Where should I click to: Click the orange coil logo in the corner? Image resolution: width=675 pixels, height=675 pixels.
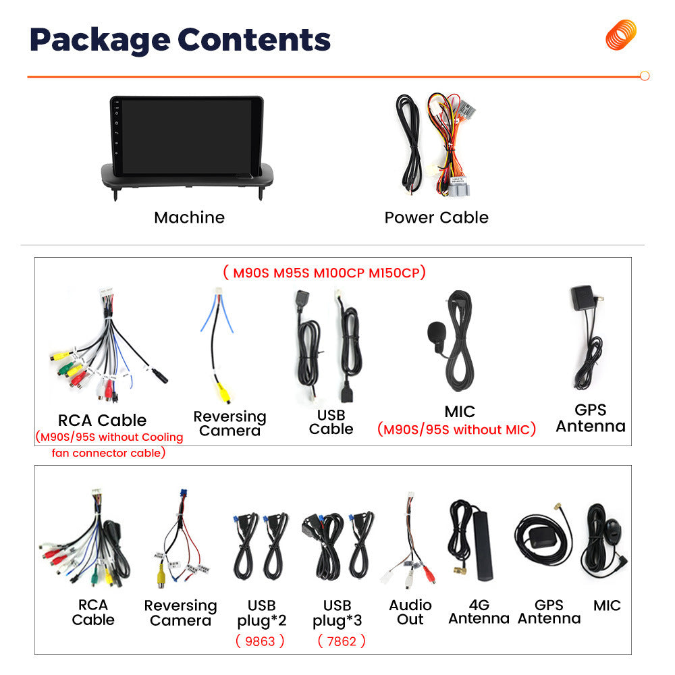coord(621,34)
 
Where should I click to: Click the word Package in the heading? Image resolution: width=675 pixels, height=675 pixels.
coord(100,40)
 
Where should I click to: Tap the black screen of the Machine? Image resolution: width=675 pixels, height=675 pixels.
coord(186,136)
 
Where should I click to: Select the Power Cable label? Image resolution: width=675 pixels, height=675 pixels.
coord(437,217)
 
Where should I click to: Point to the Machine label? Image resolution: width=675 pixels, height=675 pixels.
coord(190,217)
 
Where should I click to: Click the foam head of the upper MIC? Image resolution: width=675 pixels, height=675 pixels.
coord(435,331)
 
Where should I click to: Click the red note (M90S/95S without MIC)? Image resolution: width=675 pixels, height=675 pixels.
coord(456,429)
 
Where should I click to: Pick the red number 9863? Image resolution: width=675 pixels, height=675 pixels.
coord(260,641)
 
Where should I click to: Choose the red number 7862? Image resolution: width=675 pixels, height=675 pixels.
coord(342,641)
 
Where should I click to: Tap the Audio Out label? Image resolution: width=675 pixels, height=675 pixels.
coord(410,612)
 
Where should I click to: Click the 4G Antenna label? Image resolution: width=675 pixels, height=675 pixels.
coord(479,612)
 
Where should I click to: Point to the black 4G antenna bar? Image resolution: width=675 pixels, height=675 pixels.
coord(483,545)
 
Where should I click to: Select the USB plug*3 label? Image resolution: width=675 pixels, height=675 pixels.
coord(337,613)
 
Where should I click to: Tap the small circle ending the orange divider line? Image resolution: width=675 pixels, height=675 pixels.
coord(645,76)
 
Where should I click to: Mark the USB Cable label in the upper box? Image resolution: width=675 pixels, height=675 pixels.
coord(331,422)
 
